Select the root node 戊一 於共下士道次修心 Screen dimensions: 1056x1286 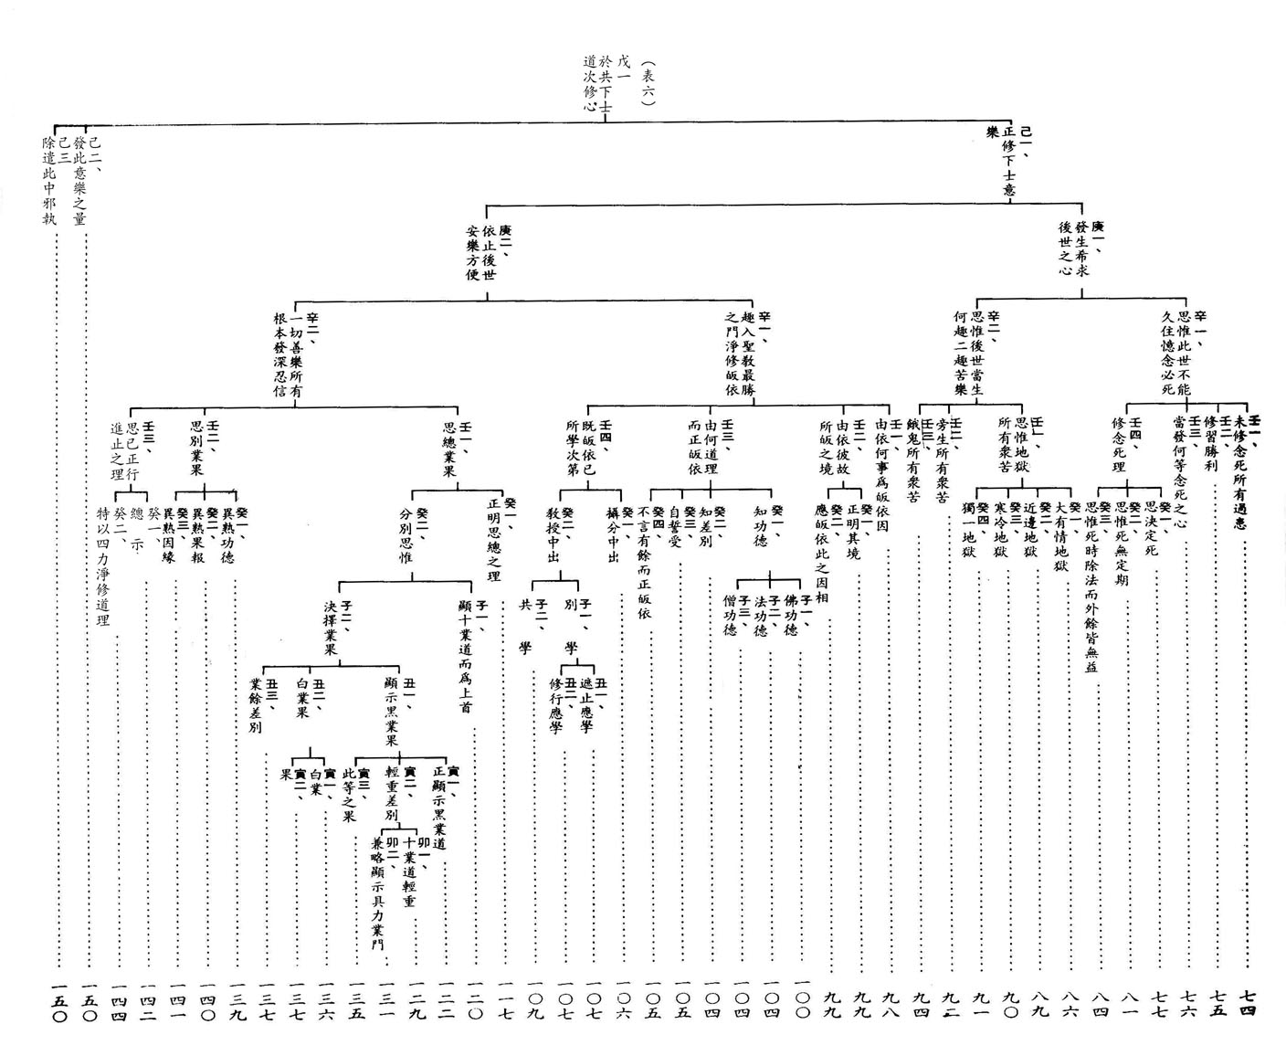click(x=604, y=83)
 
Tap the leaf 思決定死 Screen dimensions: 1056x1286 click(x=1157, y=530)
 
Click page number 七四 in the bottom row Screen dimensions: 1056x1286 click(x=1249, y=1001)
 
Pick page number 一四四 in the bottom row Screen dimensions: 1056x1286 click(x=118, y=1001)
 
